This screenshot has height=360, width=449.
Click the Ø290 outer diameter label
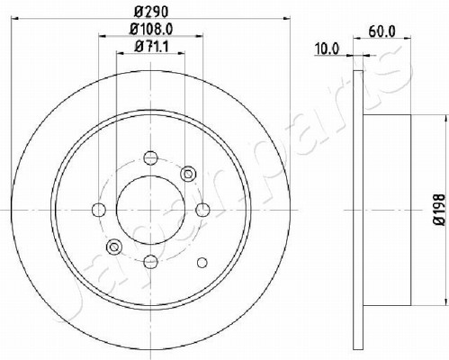(151, 12)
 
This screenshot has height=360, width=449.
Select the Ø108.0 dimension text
(151, 29)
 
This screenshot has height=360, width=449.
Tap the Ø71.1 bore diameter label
(151, 47)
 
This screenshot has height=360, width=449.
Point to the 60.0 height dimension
(382, 31)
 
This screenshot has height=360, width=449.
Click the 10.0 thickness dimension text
(327, 49)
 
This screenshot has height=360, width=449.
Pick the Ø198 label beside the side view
(440, 210)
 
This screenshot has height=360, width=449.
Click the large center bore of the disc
(150, 210)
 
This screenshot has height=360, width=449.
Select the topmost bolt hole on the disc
(150, 157)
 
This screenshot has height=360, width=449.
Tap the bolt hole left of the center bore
(99, 210)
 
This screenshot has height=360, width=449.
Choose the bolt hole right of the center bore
(202, 210)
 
